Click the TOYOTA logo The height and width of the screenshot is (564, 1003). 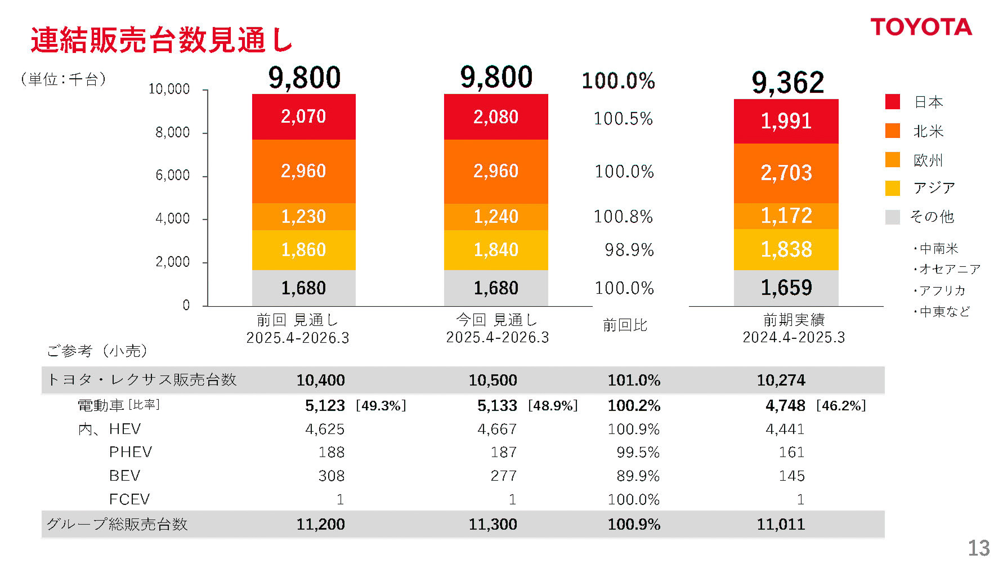(921, 27)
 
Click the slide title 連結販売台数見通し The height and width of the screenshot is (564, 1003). (162, 40)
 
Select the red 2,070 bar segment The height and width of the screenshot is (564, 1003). (303, 117)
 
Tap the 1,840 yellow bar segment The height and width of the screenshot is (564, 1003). (495, 249)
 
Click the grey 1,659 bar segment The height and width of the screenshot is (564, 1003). (786, 288)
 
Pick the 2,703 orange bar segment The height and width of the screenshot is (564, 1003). (786, 173)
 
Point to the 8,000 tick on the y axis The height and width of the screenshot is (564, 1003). (172, 132)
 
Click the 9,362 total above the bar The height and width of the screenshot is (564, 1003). (787, 82)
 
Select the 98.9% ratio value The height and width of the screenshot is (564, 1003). (629, 249)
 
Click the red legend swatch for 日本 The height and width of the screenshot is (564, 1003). (892, 102)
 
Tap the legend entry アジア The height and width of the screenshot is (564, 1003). (934, 188)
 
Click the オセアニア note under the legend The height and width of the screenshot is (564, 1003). (948, 269)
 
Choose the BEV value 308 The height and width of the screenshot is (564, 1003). (331, 476)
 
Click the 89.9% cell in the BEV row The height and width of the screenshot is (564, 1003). (637, 476)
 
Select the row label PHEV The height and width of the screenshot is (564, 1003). (131, 452)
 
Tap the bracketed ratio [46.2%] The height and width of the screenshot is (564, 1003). (840, 405)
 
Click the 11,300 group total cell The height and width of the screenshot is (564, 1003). (492, 524)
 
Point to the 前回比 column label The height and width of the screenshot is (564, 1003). (625, 325)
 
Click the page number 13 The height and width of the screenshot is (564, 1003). (978, 548)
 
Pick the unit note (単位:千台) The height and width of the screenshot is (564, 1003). (63, 79)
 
